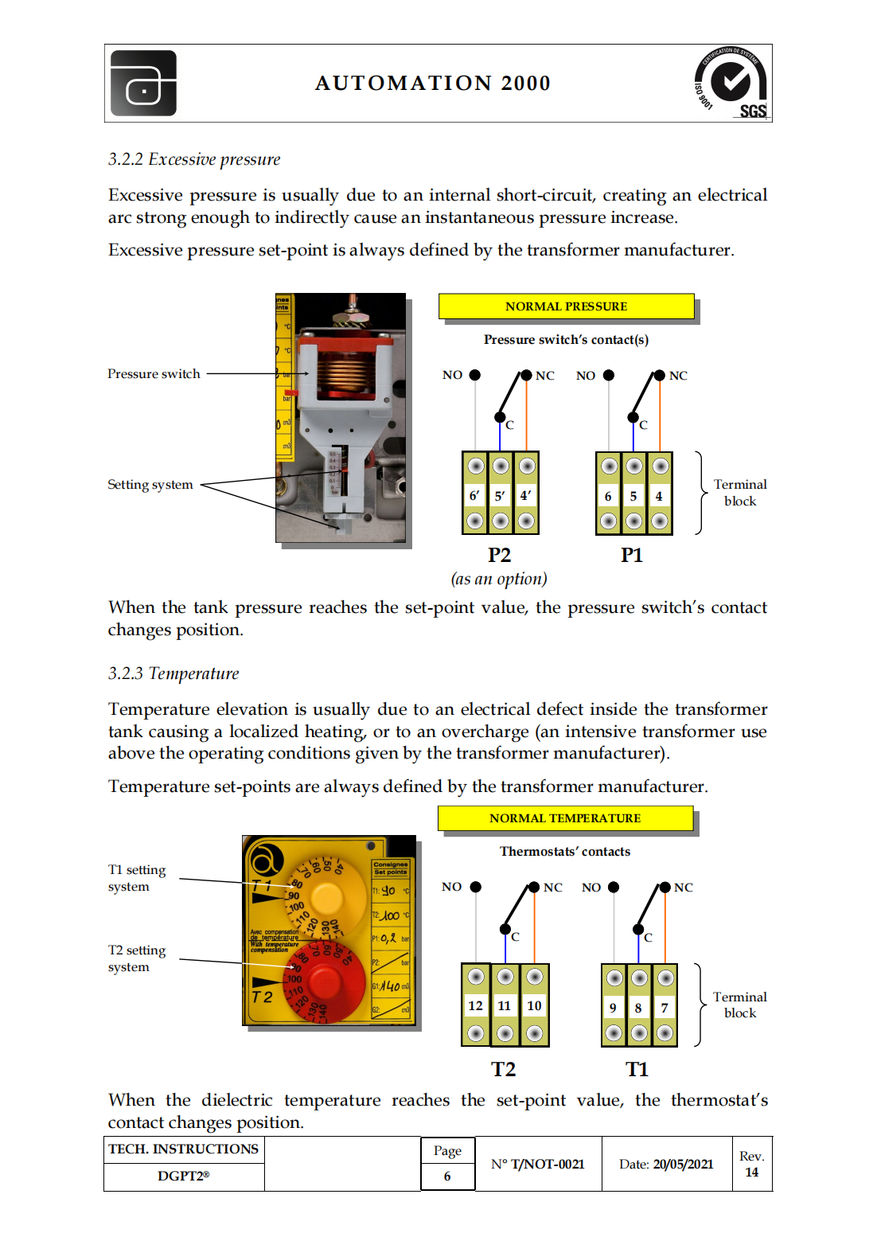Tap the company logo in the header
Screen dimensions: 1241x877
point(143,84)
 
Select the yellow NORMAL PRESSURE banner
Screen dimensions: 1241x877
point(566,306)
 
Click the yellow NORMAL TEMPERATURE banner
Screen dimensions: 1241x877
point(565,818)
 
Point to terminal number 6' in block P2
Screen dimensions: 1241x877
point(474,495)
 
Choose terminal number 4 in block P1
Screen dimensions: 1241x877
point(659,496)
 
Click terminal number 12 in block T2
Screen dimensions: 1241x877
point(475,1005)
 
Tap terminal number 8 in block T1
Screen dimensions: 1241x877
point(638,1008)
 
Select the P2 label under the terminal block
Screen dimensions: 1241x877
point(499,555)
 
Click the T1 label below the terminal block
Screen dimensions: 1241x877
point(637,1069)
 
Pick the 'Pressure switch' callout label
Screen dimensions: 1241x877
point(154,373)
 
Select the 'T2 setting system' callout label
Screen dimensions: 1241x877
point(137,958)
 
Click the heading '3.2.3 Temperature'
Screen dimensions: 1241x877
point(173,673)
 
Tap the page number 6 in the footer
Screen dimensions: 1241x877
point(447,1176)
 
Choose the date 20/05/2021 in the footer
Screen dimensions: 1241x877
point(683,1164)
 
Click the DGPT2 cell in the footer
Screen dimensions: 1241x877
point(183,1176)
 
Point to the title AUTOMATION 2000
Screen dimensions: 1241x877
point(433,83)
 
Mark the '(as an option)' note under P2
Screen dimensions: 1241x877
point(499,579)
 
